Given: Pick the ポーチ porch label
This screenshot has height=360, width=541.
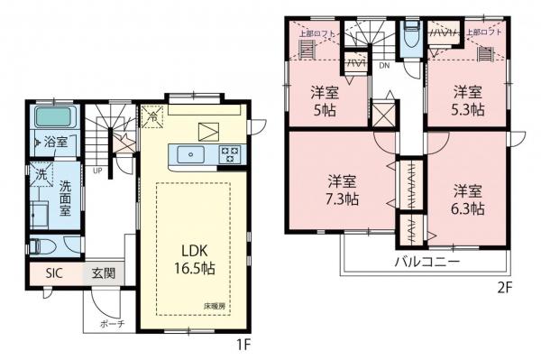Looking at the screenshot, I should tap(112, 323).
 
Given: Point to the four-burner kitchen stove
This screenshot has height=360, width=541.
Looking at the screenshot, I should tap(229, 153).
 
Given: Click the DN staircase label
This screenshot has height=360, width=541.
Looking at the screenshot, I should tap(383, 65).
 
